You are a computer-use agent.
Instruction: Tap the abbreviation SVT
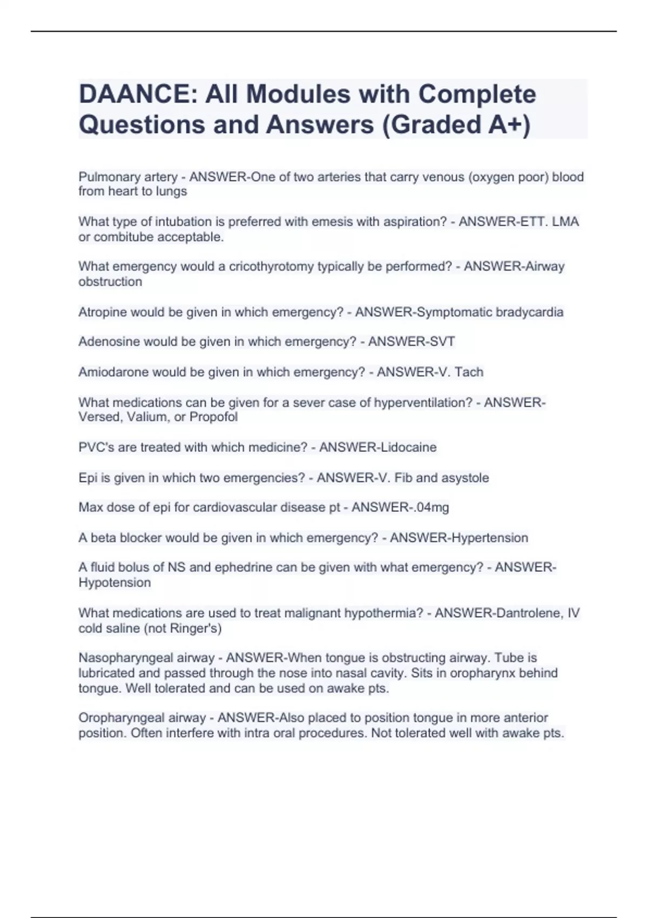441,342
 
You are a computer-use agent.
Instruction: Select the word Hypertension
490,538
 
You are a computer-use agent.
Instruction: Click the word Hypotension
114,583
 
